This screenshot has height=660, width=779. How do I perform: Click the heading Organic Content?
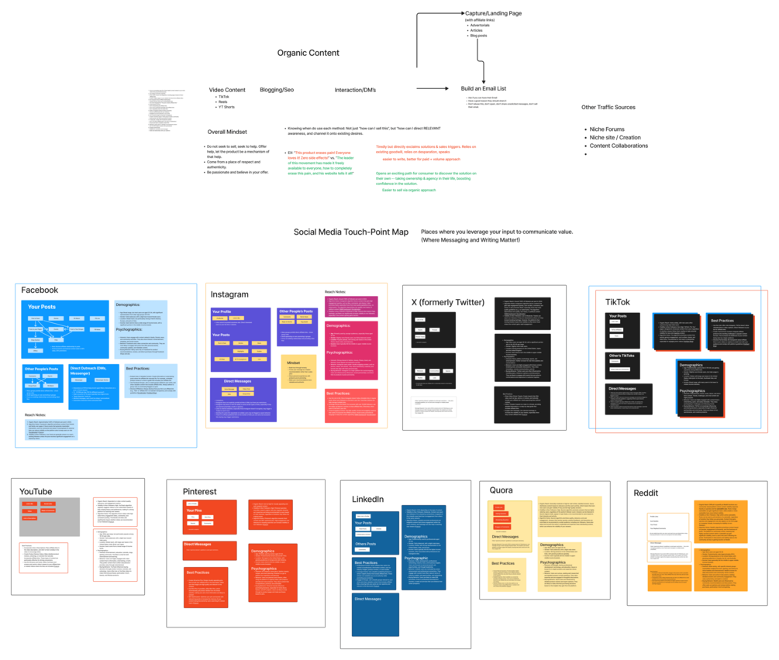click(308, 53)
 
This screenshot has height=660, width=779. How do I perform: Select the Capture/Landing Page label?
click(493, 13)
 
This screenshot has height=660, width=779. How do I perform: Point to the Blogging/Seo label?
click(277, 90)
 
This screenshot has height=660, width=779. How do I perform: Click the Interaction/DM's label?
click(355, 90)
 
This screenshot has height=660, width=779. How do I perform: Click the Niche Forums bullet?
click(607, 129)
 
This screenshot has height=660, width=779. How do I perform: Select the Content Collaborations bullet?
click(619, 146)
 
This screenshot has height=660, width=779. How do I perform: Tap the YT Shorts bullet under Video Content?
click(226, 107)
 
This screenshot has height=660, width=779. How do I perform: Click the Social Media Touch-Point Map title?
click(350, 232)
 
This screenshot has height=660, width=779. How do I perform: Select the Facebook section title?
click(40, 290)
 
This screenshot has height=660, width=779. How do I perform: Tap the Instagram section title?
click(229, 294)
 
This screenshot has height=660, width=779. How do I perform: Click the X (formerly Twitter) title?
click(449, 301)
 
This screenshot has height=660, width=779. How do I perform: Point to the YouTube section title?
click(36, 491)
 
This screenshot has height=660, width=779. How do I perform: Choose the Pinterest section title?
click(199, 491)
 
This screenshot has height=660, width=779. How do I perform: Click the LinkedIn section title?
click(367, 499)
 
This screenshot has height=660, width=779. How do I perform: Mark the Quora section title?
click(501, 490)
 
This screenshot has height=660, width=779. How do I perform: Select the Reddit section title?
click(646, 492)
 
